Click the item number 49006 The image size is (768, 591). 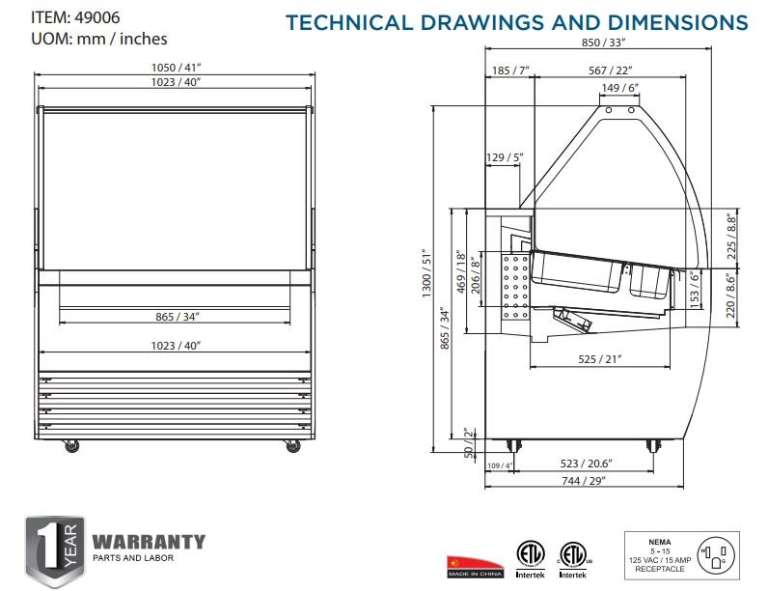point(97,17)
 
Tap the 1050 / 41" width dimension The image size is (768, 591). point(176,68)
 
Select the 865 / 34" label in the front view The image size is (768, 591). point(178,317)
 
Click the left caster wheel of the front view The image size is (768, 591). point(72,446)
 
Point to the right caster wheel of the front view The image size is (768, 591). point(293,446)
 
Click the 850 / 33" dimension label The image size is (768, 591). point(603,42)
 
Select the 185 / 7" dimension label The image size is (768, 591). point(510,70)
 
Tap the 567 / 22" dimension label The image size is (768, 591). point(611,70)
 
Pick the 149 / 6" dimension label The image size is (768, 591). point(620,88)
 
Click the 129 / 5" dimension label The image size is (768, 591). point(505,157)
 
